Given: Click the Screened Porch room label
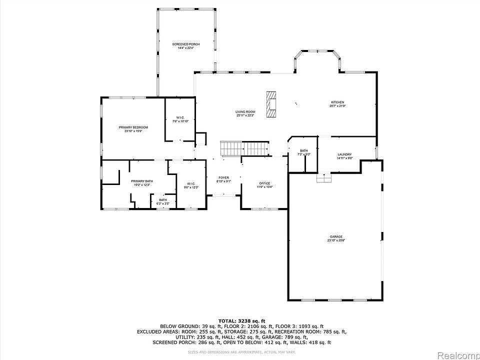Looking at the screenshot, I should pos(185,44).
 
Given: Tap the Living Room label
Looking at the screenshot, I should pos(245,111).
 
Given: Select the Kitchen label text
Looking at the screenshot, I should pos(337,102).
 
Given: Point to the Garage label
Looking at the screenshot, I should pos(335,236).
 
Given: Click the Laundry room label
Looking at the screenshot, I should pos(344,154).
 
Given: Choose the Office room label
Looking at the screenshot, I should pos(264,183).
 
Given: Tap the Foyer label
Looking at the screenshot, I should pos(223,178).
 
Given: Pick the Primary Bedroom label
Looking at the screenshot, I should pos(130,127).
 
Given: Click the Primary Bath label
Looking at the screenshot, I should pos(142,181).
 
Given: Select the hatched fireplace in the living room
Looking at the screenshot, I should pos(271,104).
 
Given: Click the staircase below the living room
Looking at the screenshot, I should pos(244,148).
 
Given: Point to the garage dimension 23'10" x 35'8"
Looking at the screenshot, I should pos(335,240).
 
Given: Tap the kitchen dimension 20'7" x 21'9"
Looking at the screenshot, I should pos(337,106).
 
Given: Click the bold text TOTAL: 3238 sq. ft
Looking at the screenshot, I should pos(241,320).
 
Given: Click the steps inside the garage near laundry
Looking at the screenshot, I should pos(324,178).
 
